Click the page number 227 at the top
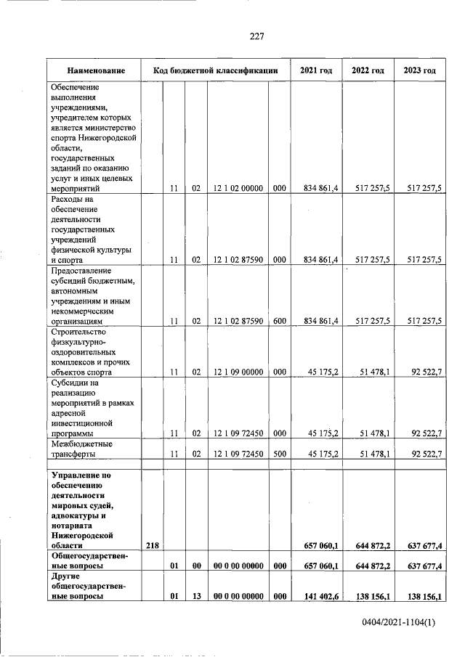pos(256,37)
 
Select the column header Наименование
pos(96,70)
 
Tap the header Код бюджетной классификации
pos(216,70)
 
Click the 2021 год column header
pos(316,70)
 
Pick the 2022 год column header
pos(368,70)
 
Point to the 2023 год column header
pos(419,70)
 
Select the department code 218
pos(153,544)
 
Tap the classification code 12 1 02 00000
pos(237,188)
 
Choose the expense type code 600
pos(279,320)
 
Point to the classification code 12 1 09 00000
pos(237,372)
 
